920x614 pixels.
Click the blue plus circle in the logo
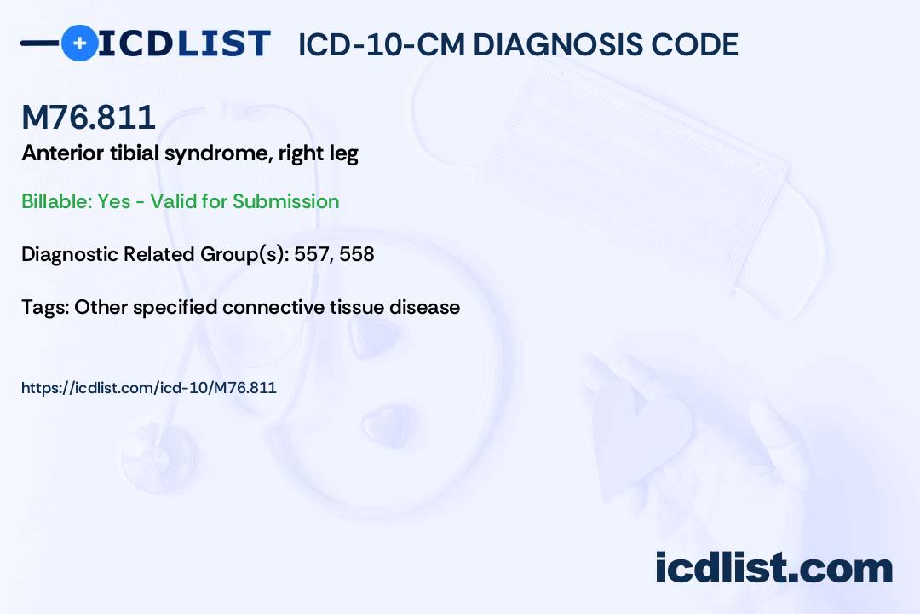point(80,43)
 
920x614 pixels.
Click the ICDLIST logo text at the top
point(184,43)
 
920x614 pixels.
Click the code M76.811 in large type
point(89,119)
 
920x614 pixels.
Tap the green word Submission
point(285,201)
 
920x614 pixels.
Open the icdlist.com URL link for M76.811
point(149,388)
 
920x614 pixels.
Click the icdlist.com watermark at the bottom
point(773,568)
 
